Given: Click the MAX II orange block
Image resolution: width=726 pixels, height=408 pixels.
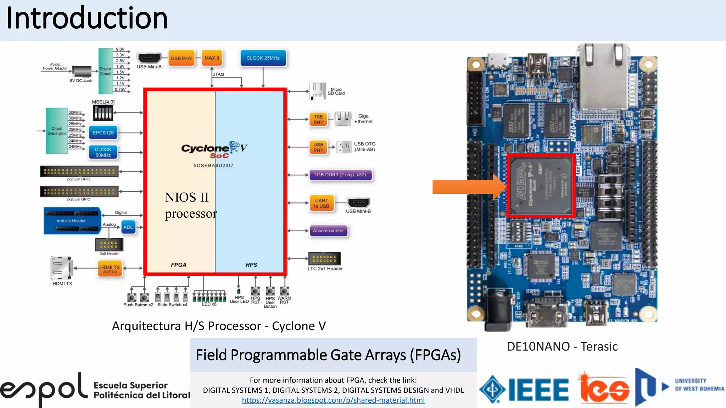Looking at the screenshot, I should tap(212, 58).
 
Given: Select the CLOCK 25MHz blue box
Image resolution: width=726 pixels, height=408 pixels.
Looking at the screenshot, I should tap(263, 58).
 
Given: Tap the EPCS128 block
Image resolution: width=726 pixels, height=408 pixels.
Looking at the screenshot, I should tap(103, 133).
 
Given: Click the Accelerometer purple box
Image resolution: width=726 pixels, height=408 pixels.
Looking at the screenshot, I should tap(328, 231).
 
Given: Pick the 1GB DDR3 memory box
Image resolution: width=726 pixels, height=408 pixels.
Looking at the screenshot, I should tap(340, 175).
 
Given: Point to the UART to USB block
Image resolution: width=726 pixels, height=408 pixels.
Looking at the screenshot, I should tap(322, 203).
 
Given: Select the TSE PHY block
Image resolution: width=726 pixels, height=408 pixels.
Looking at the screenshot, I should tap(318, 119).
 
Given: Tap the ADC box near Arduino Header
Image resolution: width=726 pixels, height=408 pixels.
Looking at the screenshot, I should tap(128, 227).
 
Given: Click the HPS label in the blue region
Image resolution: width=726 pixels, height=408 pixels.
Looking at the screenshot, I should tap(251, 265).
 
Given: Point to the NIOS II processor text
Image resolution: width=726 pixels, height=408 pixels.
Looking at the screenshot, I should tap(190, 205).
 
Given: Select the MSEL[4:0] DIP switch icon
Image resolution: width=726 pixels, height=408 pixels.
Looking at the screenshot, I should tap(103, 113).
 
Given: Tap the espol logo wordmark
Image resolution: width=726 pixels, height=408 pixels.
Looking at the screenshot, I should tap(44, 390).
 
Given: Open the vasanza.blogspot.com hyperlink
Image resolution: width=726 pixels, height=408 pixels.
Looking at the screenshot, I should tap(333, 400).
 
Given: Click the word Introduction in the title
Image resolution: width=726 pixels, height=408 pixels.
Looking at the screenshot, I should tap(87, 18).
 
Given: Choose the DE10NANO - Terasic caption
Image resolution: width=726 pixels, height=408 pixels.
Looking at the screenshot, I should tap(562, 346).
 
